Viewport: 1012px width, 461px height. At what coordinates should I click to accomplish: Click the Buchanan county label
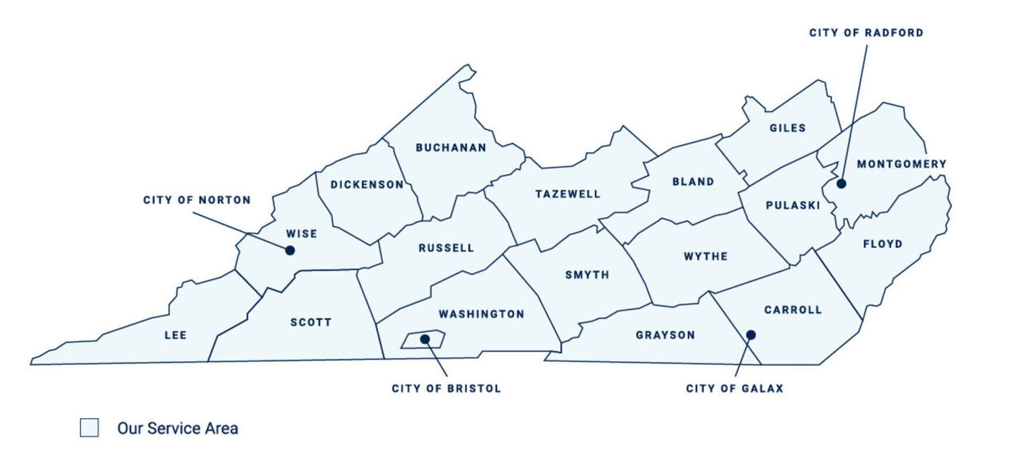451,148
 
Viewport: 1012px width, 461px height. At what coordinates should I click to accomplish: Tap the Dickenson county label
367,185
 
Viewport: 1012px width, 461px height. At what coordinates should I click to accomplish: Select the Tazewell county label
568,194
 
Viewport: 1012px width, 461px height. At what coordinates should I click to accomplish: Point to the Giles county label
787,128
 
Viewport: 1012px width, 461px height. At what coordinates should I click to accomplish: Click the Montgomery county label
901,164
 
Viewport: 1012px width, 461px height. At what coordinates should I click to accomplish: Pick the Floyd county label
882,244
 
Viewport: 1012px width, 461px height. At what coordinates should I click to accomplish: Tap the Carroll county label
793,310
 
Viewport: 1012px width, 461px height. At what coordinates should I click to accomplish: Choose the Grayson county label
665,335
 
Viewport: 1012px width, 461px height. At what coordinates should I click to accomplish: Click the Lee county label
175,335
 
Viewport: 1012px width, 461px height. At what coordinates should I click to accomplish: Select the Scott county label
311,323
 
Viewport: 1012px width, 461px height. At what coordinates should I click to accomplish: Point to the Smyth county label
587,275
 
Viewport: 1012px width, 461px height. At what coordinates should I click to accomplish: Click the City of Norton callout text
197,200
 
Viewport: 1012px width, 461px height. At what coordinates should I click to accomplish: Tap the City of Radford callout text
866,33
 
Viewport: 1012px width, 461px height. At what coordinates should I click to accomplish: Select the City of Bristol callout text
446,388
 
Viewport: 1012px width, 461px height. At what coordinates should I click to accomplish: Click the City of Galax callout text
735,388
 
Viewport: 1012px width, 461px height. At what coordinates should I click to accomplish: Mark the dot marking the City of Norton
290,250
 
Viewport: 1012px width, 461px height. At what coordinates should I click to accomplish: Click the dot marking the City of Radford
841,184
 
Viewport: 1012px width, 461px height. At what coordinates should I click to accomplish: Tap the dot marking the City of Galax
750,335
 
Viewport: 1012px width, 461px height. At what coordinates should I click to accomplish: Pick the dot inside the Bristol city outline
425,339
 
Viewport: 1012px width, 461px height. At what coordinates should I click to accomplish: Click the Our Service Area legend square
89,428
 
